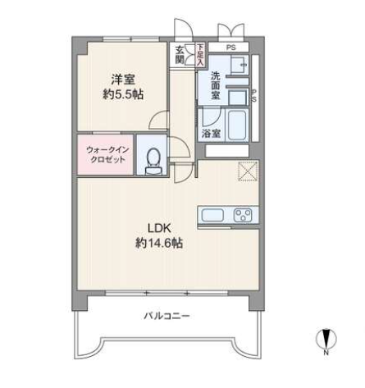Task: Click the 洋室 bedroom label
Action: tap(123, 80)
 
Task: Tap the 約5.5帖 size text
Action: tap(123, 94)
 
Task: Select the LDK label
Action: tap(159, 228)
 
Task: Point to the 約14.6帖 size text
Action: tap(159, 243)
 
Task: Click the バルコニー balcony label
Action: tap(167, 316)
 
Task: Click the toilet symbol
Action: tap(153, 161)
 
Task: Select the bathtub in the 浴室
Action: tap(237, 126)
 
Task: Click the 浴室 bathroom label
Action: tap(211, 134)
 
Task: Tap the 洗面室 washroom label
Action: tap(216, 85)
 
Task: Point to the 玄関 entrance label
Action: tap(180, 54)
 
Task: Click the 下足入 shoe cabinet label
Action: tap(200, 54)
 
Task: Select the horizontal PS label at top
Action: tap(231, 48)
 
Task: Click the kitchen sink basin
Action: tap(212, 215)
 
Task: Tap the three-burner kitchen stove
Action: tap(243, 215)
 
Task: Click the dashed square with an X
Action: tap(248, 171)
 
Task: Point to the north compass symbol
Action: tap(326, 339)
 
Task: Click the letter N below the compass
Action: tap(326, 353)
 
